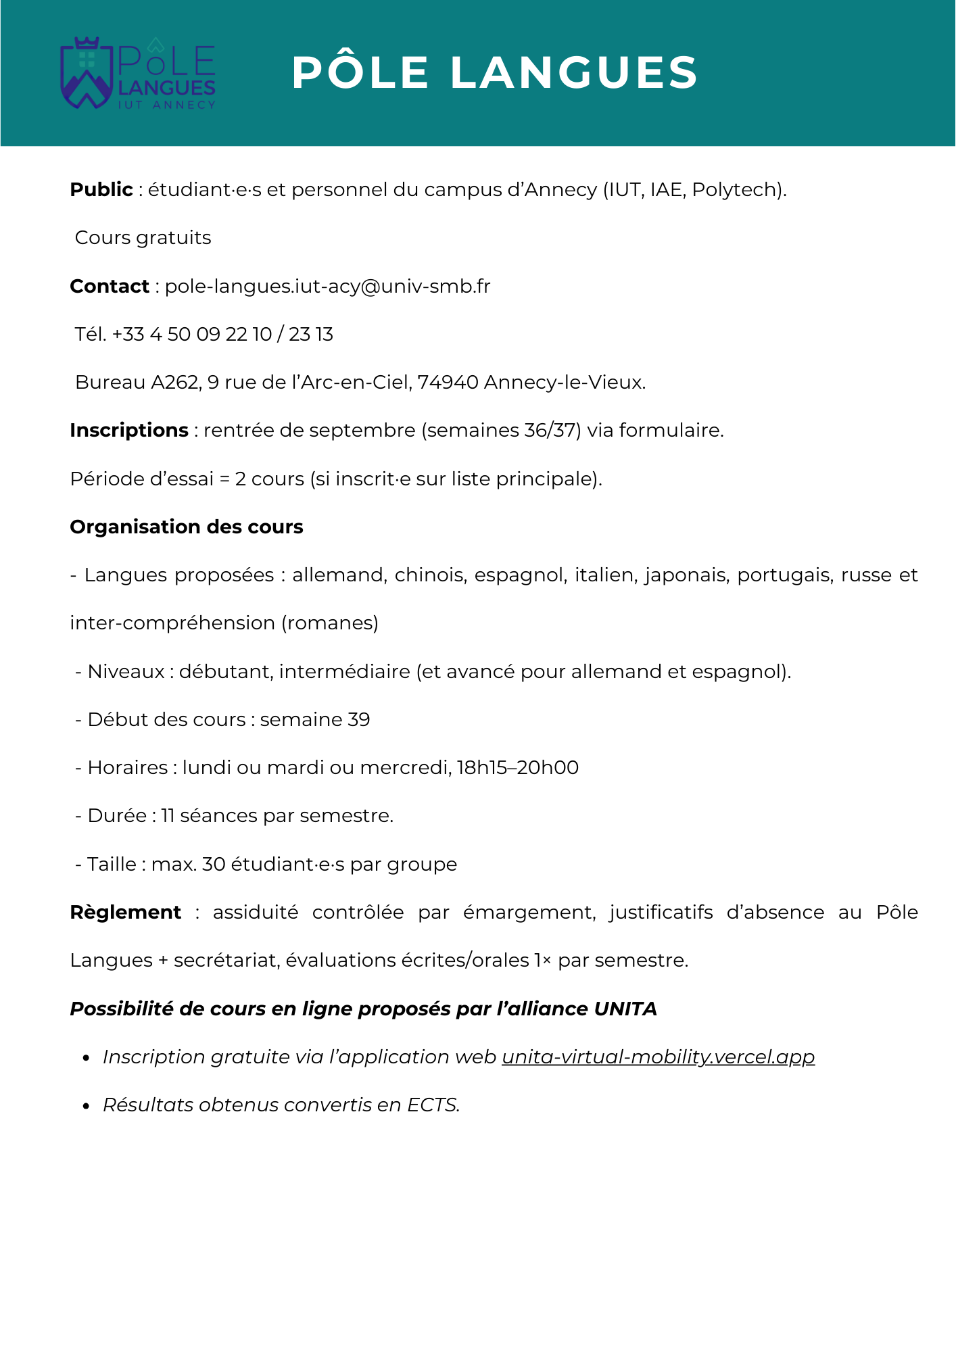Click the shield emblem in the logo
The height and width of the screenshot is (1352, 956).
pyautogui.click(x=86, y=73)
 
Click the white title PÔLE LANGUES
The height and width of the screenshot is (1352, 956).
pyautogui.click(x=494, y=72)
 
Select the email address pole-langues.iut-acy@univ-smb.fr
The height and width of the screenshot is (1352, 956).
pyautogui.click(x=327, y=287)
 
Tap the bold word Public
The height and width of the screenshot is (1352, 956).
pyautogui.click(x=101, y=190)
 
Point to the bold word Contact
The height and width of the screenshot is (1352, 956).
pyautogui.click(x=110, y=287)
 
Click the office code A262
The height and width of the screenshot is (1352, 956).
pyautogui.click(x=174, y=383)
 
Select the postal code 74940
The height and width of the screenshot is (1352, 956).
pyautogui.click(x=448, y=383)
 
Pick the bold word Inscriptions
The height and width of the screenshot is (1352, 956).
pyautogui.click(x=129, y=431)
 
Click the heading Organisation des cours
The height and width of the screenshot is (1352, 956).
pyautogui.click(x=187, y=527)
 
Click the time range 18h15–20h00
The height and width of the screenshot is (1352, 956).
pyautogui.click(x=517, y=768)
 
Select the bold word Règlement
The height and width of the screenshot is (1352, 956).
pyautogui.click(x=126, y=913)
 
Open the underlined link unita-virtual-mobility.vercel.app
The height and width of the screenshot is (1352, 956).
pyautogui.click(x=658, y=1057)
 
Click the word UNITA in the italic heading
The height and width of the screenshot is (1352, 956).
pyautogui.click(x=625, y=1009)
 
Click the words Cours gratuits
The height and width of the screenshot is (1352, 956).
pyautogui.click(x=143, y=238)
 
